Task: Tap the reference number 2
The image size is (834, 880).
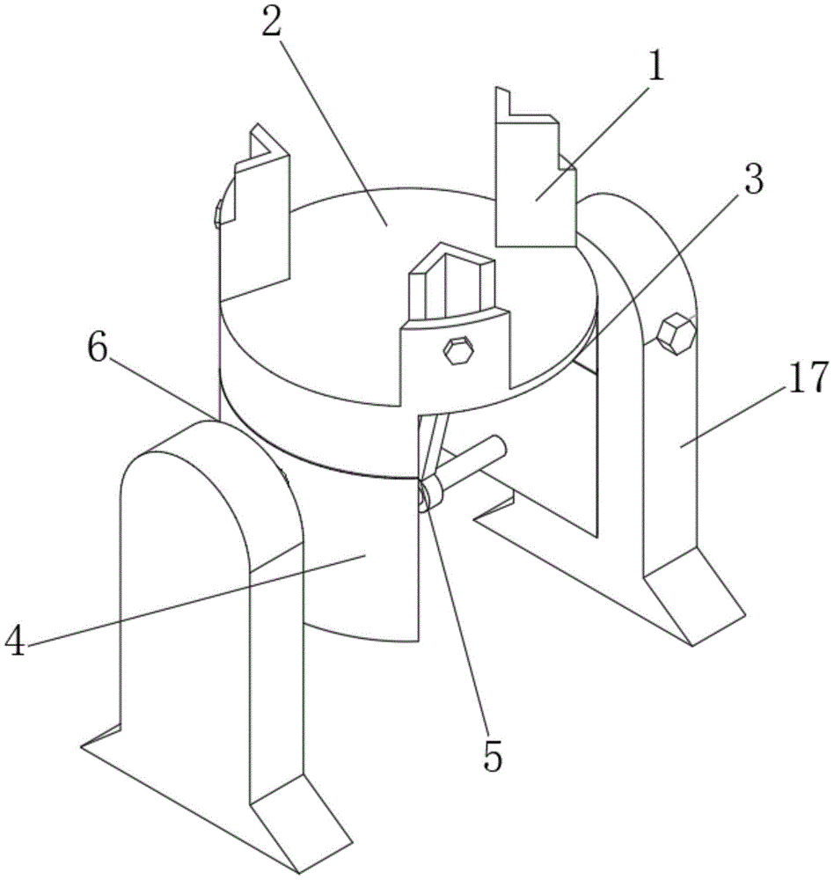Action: pyautogui.click(x=272, y=24)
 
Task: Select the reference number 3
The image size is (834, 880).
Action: pyautogui.click(x=751, y=182)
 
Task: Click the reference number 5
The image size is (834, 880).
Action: pyautogui.click(x=494, y=754)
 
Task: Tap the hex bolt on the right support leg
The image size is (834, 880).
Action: pyautogui.click(x=676, y=333)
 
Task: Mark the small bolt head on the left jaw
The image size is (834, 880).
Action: pyautogui.click(x=218, y=214)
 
